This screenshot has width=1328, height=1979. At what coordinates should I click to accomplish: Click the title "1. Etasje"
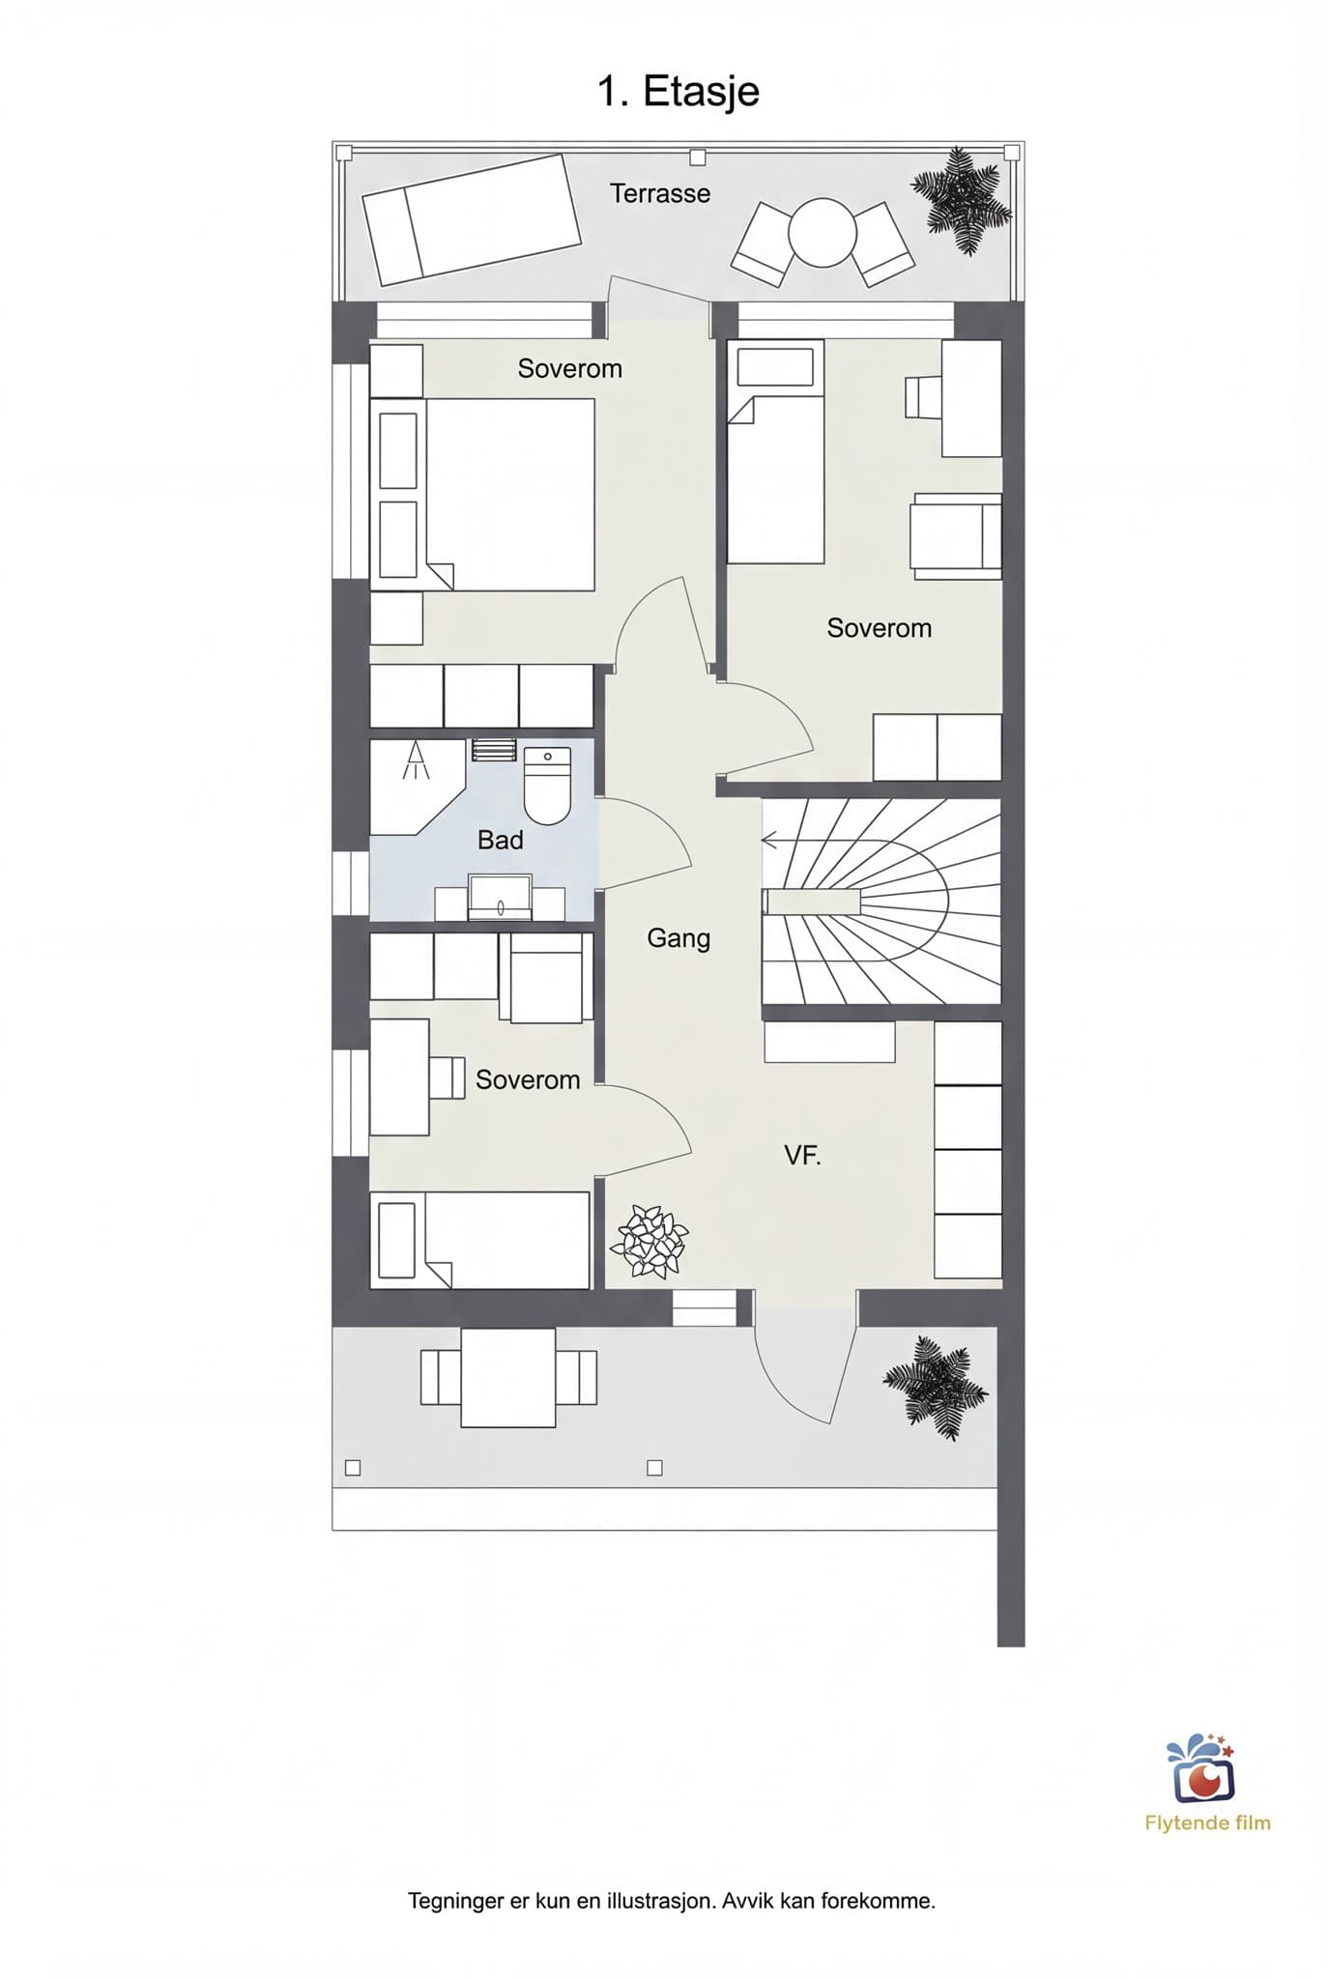tap(678, 93)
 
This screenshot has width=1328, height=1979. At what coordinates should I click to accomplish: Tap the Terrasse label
tap(660, 193)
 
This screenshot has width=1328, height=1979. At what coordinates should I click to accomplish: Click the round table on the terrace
tap(822, 232)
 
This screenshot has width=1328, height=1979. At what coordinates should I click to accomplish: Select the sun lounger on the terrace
tap(471, 219)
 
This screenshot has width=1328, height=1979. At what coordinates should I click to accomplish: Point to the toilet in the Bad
tap(547, 786)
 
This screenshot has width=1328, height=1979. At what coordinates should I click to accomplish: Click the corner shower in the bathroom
tap(416, 785)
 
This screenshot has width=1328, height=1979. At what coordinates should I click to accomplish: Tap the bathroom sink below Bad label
tap(500, 898)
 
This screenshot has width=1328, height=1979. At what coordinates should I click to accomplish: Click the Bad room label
tap(501, 840)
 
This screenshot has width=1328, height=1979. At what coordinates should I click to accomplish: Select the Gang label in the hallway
tap(678, 938)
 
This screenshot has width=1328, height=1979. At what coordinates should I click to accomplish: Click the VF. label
tap(802, 1155)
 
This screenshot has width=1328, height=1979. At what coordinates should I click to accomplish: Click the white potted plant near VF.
tap(649, 1241)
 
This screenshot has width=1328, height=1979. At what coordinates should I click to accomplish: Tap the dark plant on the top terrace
tap(963, 200)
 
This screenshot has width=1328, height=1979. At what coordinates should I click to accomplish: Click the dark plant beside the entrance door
tap(935, 1388)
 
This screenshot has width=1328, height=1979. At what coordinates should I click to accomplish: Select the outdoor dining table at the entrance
tap(508, 1377)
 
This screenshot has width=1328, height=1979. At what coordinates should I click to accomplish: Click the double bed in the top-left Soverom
tap(482, 494)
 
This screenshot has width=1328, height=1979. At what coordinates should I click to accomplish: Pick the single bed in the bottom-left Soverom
tap(479, 1240)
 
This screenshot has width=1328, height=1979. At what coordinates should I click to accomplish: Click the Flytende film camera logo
tap(1202, 1768)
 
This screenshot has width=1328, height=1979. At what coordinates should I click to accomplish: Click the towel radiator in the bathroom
tap(493, 750)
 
